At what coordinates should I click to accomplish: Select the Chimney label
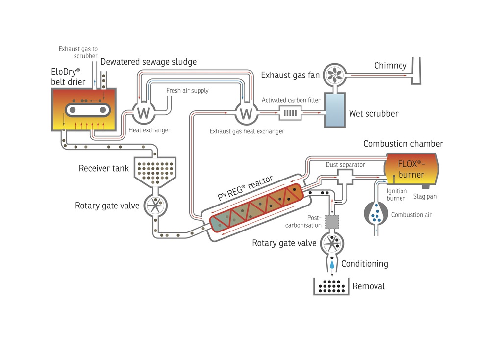[390, 65]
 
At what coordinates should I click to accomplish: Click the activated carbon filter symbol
[290, 114]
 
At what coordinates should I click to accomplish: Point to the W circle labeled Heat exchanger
[143, 113]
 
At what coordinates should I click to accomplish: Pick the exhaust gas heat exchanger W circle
[247, 113]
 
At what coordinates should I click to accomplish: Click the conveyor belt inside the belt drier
[86, 108]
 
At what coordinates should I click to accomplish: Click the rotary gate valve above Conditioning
[332, 242]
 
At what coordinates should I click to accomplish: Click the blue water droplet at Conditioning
[332, 264]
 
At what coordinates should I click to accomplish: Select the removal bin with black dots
[332, 286]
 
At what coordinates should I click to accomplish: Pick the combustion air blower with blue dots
[376, 213]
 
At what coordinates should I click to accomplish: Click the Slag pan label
[425, 196]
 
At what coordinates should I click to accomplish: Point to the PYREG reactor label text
[245, 187]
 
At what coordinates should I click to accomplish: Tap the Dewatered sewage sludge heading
[149, 62]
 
